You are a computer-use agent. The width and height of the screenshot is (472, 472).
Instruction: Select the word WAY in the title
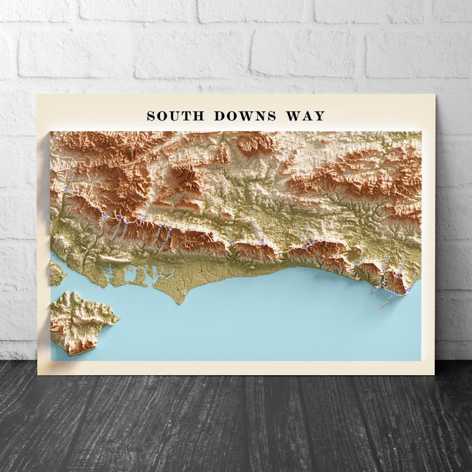305,116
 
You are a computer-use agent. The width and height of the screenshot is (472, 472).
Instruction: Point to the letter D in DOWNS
218,116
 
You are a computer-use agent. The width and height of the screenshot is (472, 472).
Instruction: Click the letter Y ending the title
319,116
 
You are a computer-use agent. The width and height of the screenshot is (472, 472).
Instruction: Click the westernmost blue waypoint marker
66,191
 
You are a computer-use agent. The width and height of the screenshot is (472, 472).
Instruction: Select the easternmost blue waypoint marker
408,289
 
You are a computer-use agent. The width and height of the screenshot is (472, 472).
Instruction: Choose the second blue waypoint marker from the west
104,216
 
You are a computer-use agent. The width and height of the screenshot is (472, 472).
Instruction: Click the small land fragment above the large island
56,273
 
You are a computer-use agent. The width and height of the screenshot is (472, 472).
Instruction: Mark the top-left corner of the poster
37,94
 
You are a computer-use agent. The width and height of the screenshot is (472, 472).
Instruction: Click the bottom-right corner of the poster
434,374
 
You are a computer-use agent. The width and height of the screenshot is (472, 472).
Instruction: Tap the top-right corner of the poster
435,94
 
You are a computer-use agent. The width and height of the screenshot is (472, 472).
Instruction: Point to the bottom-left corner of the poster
38,374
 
